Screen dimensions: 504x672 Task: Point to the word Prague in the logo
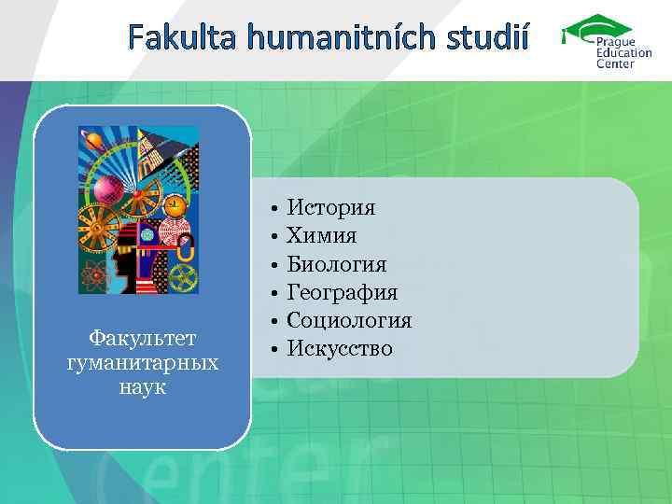[x=618, y=42]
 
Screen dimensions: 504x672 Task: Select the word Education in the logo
[x=624, y=53]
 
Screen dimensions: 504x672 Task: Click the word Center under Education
[x=616, y=64]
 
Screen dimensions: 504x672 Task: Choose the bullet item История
[x=330, y=207]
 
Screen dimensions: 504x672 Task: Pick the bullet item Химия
[x=321, y=235]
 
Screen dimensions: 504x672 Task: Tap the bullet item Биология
[x=336, y=264]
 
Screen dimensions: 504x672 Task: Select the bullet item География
[x=342, y=292]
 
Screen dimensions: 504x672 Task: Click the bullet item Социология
[x=349, y=320]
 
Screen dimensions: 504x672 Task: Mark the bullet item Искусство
[x=340, y=349]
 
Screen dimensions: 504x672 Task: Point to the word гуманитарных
[x=142, y=361]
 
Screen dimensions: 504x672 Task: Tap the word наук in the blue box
[x=142, y=385]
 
